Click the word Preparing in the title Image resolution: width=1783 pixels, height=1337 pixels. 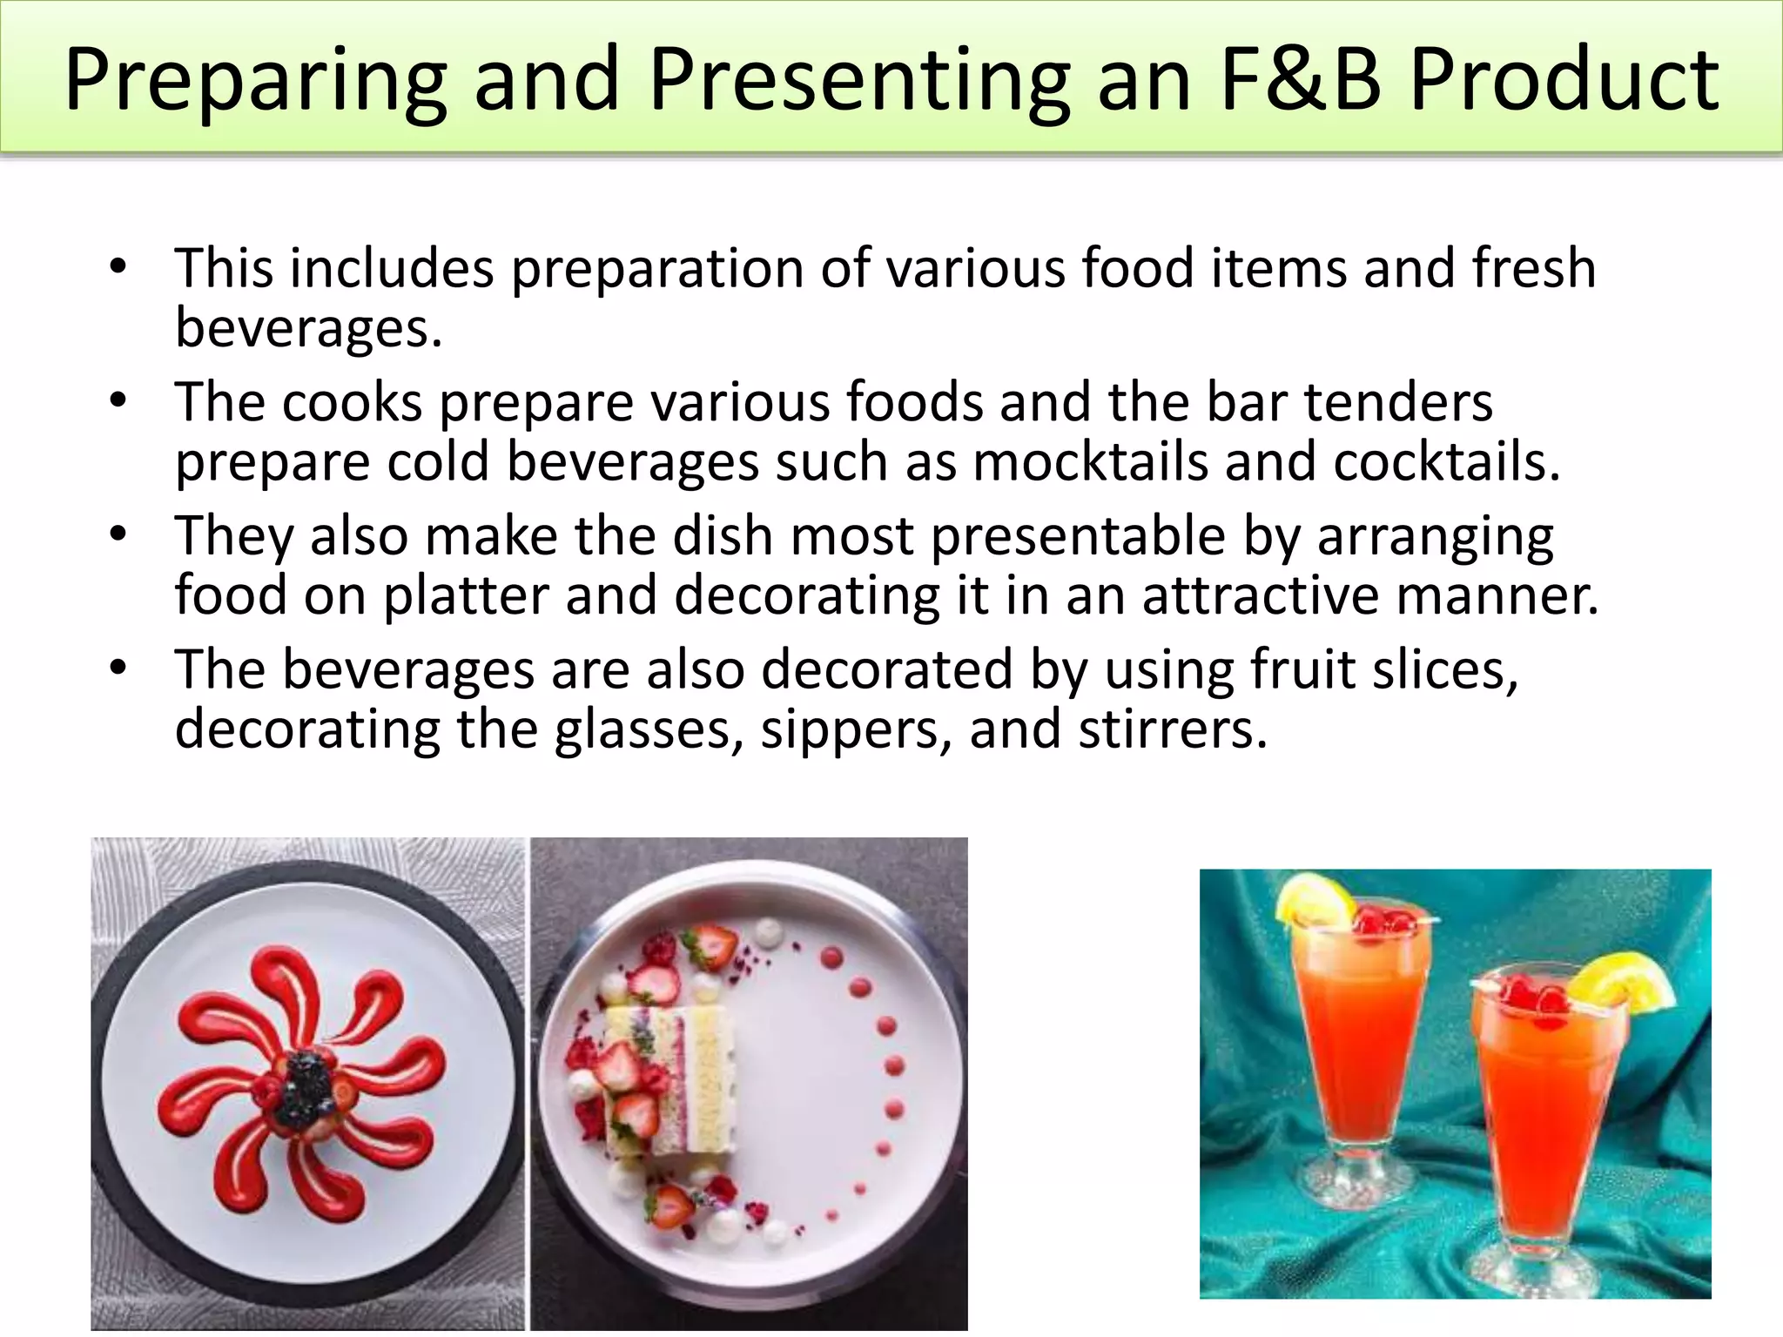[x=256, y=80]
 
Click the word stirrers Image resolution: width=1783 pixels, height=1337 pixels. [x=1172, y=729]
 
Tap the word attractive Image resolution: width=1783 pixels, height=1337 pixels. [x=1260, y=595]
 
